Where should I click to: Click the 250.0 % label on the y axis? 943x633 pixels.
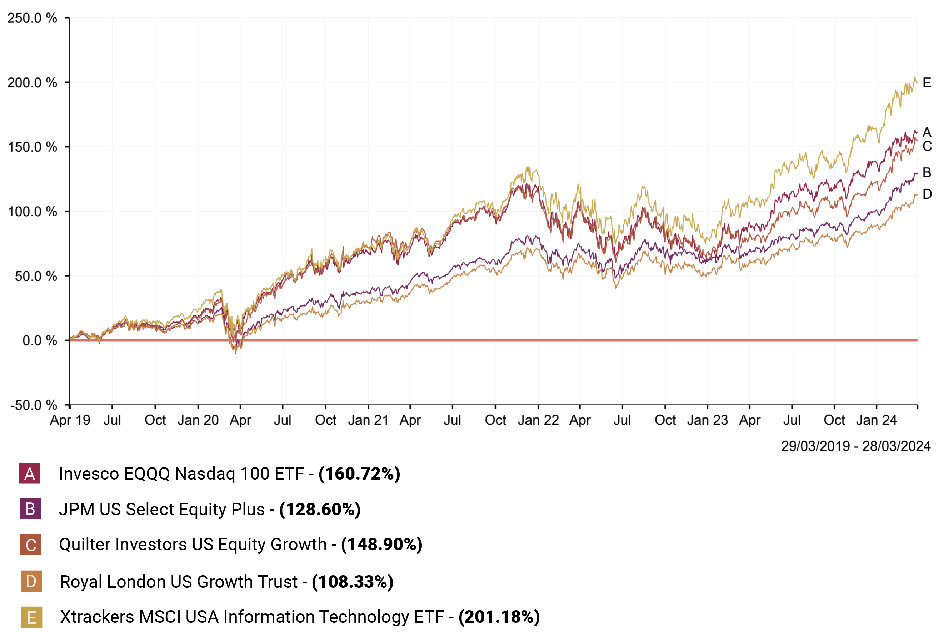tap(32, 18)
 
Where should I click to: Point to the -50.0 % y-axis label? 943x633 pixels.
tap(34, 405)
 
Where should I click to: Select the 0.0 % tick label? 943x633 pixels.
tap(40, 340)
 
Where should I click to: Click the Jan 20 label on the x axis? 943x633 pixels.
tap(198, 420)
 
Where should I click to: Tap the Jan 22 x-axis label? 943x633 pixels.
tap(538, 420)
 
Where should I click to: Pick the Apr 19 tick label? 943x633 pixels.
tap(70, 420)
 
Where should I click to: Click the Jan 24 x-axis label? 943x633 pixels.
tap(876, 420)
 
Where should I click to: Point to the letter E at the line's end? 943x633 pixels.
tap(927, 83)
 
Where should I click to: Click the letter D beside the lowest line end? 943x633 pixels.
tap(927, 194)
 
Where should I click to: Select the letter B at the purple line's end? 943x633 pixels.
tap(927, 173)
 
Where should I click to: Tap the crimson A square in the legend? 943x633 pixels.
tap(30, 474)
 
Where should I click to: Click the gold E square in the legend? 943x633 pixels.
tap(31, 617)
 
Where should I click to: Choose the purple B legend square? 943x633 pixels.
tap(30, 509)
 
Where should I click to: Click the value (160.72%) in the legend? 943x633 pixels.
tap(359, 474)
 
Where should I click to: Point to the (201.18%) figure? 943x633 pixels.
tap(499, 617)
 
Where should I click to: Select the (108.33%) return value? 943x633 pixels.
tap(352, 582)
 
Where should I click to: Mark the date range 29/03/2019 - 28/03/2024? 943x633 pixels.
tap(855, 446)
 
